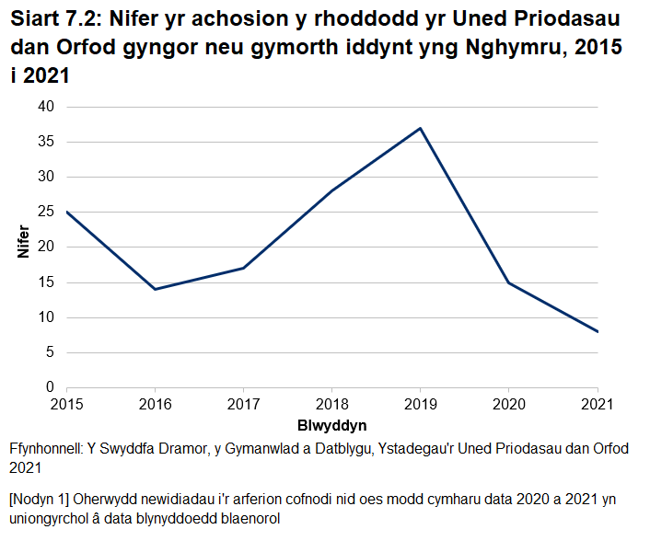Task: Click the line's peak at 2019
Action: point(421,128)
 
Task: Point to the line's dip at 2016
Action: point(155,289)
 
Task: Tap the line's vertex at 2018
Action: point(331,190)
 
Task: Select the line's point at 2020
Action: point(509,282)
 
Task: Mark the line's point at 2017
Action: point(243,268)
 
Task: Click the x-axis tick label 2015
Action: point(66,404)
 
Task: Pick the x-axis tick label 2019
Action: point(421,404)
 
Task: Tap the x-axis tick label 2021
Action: point(598,404)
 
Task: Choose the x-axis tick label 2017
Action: point(243,404)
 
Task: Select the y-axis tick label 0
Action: point(52,387)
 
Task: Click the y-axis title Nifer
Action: point(25,247)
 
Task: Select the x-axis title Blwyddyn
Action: point(331,425)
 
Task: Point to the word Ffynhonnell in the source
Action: point(45,449)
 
